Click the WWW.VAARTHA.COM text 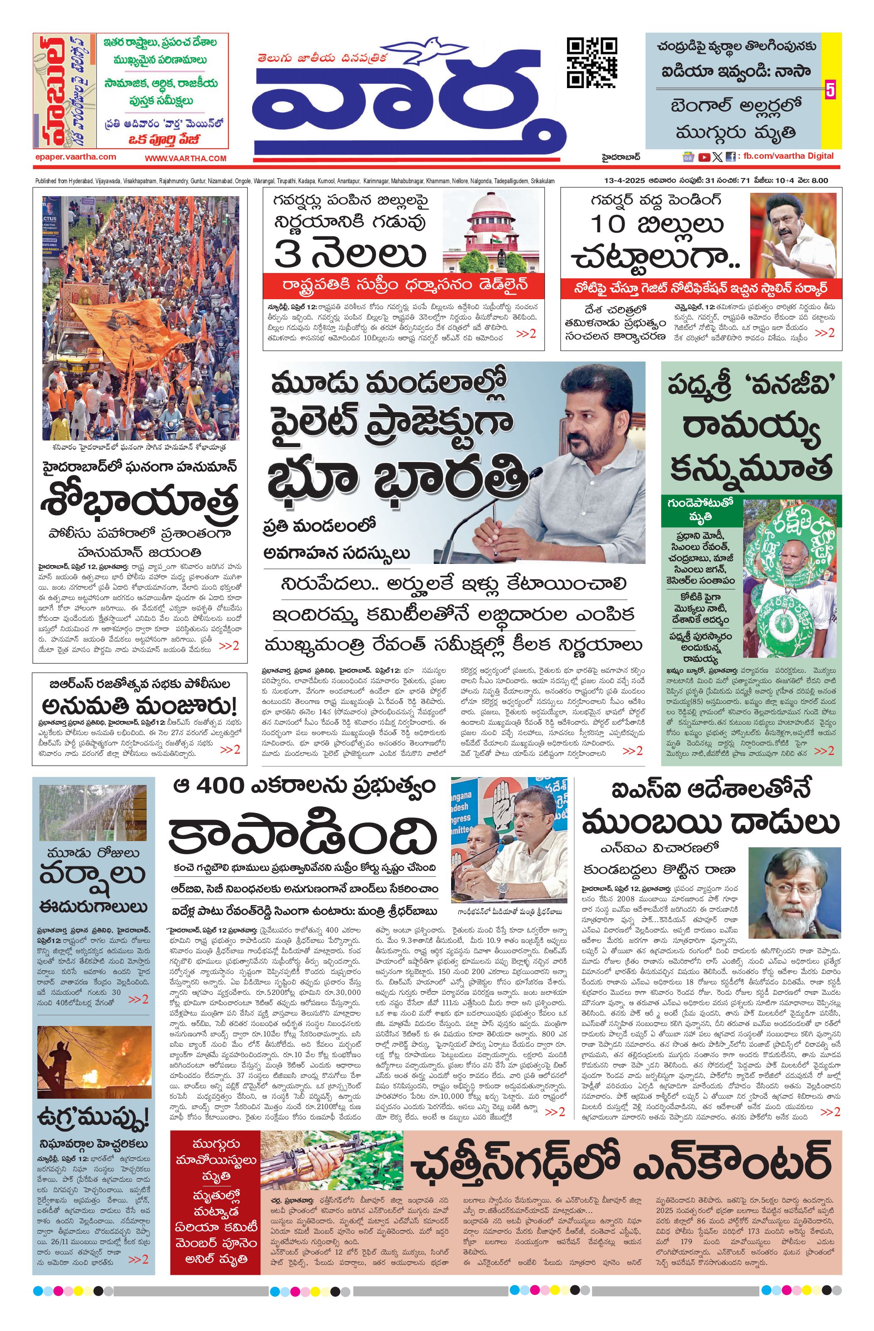186,158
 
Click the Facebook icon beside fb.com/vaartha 730,157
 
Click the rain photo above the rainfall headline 93,812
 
